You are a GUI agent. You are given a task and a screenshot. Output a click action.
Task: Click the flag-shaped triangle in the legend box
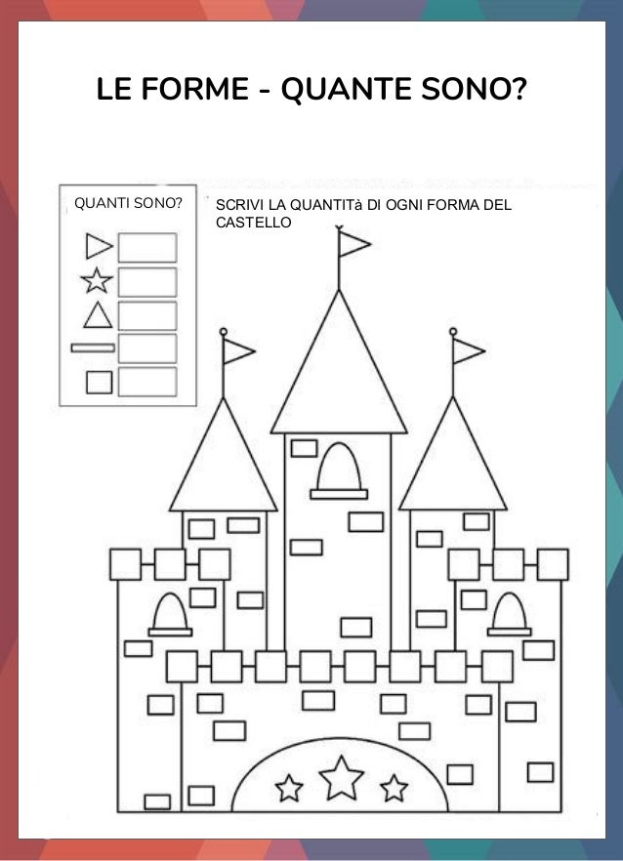tap(99, 245)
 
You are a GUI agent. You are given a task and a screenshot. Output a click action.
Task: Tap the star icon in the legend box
tap(97, 282)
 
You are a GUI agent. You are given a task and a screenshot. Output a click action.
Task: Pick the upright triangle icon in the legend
tap(97, 315)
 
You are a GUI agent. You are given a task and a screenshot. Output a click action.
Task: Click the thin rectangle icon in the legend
tap(94, 348)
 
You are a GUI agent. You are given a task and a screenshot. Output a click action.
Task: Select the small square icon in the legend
tap(99, 382)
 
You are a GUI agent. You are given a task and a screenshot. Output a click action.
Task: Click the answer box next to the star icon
tap(147, 282)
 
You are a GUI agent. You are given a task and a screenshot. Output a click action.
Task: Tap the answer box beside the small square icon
tap(147, 382)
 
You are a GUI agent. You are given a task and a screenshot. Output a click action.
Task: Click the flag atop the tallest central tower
tap(353, 243)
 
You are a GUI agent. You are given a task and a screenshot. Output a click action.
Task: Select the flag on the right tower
tap(468, 349)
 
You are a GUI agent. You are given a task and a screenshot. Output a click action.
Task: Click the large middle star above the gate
tap(342, 776)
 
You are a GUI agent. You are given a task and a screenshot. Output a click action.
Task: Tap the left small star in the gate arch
tap(289, 786)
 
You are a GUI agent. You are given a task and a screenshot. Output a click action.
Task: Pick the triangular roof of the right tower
tap(453, 459)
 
